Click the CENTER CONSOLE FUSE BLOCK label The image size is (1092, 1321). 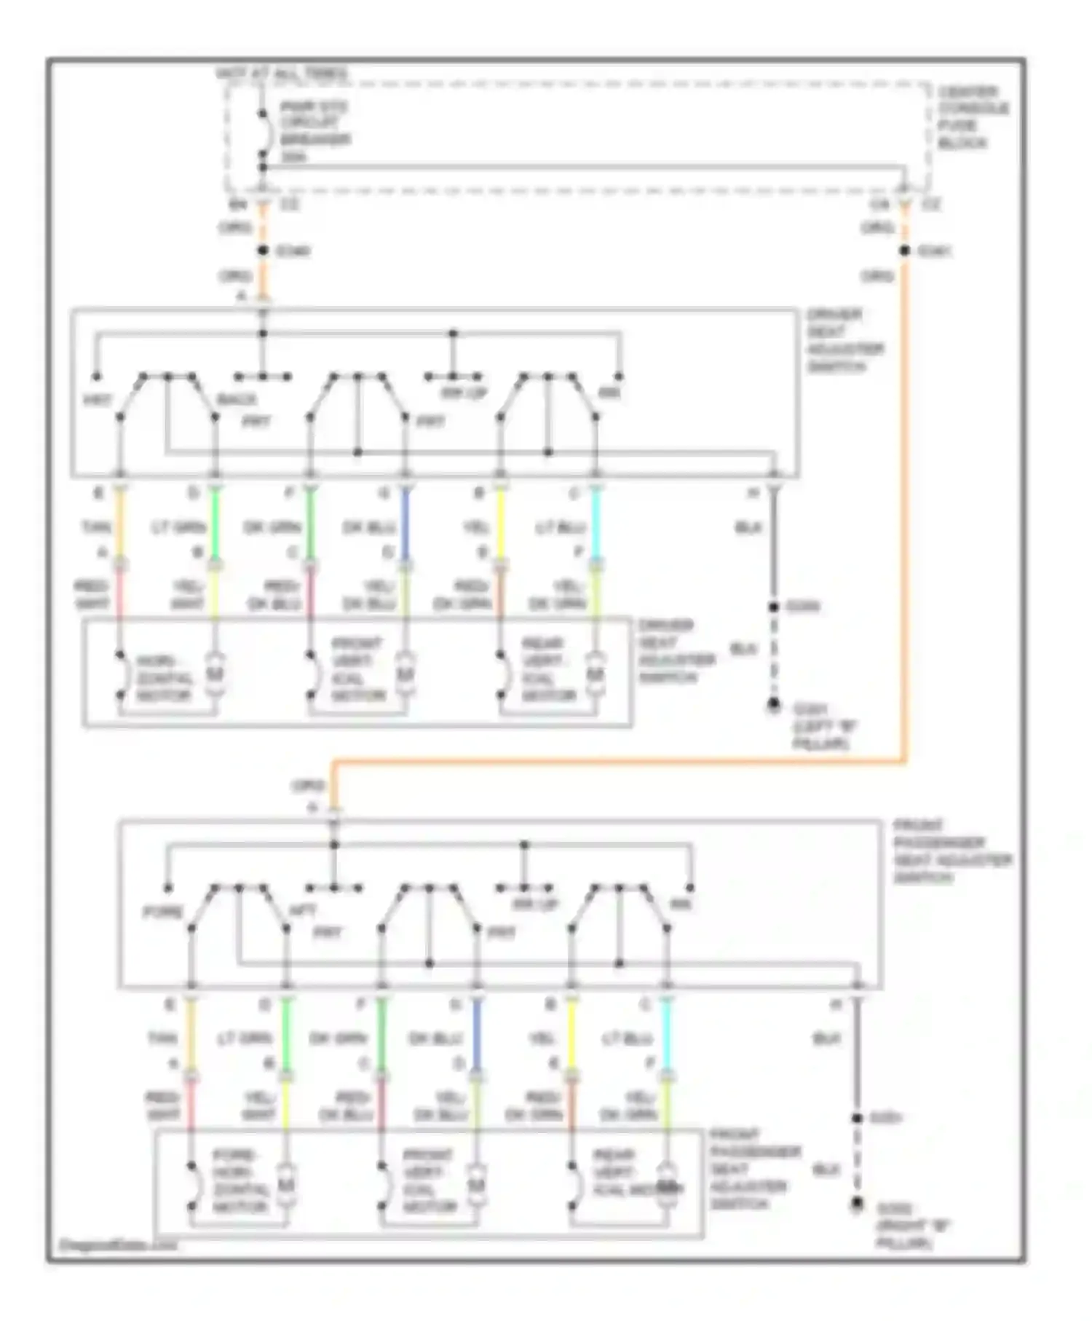point(973,118)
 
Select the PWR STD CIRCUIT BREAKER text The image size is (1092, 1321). point(314,131)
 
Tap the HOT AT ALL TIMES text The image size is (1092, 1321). point(282,74)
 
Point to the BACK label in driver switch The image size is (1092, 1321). point(237,400)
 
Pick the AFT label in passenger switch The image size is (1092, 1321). point(303,910)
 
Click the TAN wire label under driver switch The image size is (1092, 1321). point(97,527)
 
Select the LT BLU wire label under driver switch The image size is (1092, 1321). point(560,527)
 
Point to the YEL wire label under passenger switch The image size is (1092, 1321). point(542,1038)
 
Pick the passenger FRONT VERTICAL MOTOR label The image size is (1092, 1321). point(430,1180)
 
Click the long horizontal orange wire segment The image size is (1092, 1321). point(619,762)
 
